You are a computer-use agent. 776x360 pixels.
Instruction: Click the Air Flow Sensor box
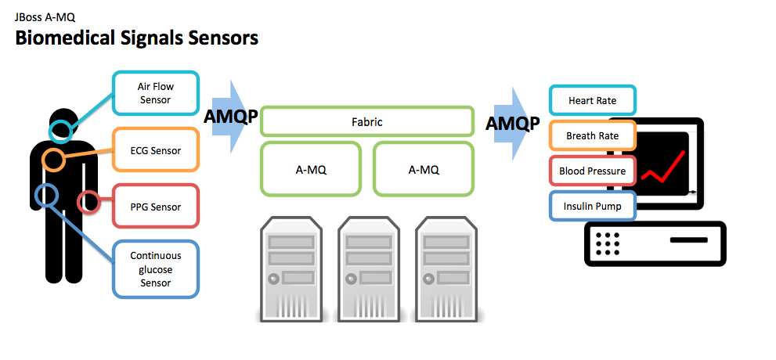tap(156, 93)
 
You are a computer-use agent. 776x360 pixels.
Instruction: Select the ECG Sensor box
tap(156, 149)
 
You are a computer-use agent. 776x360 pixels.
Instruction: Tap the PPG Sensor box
tap(156, 206)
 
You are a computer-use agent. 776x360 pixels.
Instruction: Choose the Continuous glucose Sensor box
tap(156, 269)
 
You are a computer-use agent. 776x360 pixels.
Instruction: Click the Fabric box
tap(366, 121)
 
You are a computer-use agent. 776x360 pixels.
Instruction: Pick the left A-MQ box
tap(311, 169)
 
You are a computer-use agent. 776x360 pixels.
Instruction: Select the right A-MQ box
tap(423, 169)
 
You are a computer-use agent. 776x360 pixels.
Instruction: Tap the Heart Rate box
tap(593, 100)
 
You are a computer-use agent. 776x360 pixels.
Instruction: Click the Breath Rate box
tap(593, 135)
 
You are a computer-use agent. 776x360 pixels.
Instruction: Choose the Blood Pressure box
tap(593, 171)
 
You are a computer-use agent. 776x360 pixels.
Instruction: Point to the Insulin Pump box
tap(593, 206)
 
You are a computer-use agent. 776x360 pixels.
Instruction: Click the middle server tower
tap(368, 269)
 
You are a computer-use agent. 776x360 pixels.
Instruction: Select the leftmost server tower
tap(291, 269)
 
